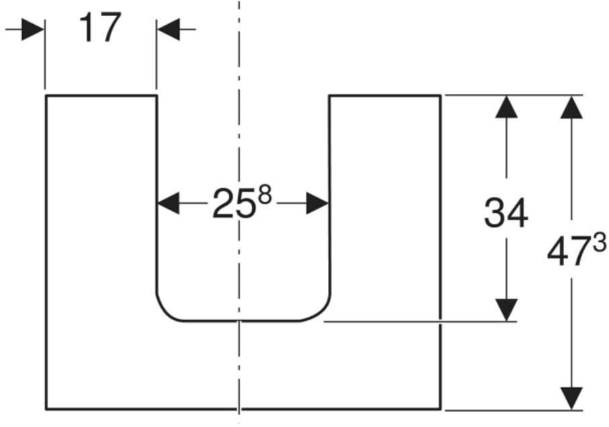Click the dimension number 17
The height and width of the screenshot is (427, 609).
pos(100,28)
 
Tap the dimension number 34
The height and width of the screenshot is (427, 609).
pos(506,213)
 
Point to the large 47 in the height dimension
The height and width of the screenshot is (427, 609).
pos(569,252)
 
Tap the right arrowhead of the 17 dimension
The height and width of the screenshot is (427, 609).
pos(168,30)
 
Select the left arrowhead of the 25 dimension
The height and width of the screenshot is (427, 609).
pos(168,203)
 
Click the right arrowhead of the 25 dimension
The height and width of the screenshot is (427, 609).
pos(318,203)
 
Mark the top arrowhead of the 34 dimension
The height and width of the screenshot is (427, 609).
pos(506,107)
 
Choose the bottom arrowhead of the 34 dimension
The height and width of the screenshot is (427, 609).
pos(506,310)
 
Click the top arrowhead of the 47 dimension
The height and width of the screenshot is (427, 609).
pos(571,107)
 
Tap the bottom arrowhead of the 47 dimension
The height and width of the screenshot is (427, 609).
pos(571,398)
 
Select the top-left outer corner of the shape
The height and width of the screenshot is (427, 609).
pos(46,95)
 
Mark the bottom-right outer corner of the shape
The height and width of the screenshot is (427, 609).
pos(441,409)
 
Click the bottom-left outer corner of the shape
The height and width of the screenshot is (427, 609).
pos(46,409)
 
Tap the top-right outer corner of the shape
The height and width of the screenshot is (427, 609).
pos(441,95)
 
